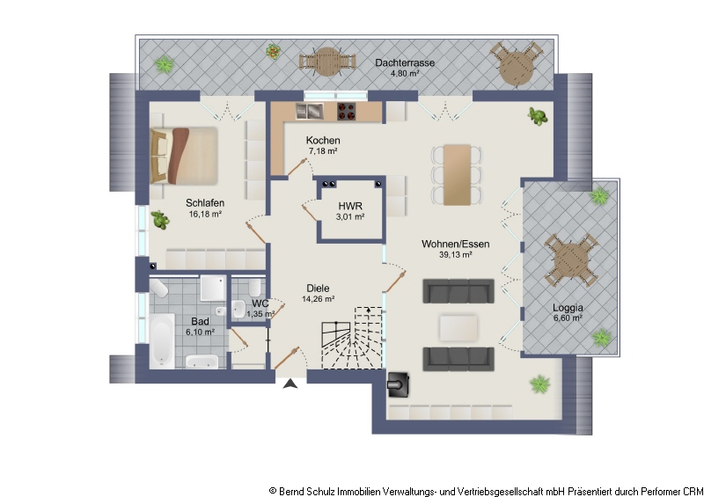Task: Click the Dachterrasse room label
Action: point(405,62)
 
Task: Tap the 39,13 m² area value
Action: point(455,255)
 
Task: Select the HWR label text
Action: point(350,206)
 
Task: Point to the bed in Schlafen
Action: point(184,156)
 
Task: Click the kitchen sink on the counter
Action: point(310,112)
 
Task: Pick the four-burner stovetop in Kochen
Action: point(346,112)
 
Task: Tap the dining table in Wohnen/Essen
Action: point(457,175)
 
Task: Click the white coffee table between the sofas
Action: point(458,328)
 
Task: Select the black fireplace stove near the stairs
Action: point(398,384)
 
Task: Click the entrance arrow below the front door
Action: point(290,384)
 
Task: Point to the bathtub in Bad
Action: point(162,340)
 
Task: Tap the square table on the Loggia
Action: point(571,260)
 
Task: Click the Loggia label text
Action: point(568,308)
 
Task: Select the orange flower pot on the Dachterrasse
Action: point(273,52)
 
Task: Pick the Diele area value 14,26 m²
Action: point(318,299)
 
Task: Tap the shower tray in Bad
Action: point(213,288)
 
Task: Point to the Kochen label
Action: point(323,140)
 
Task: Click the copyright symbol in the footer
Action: point(273,491)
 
